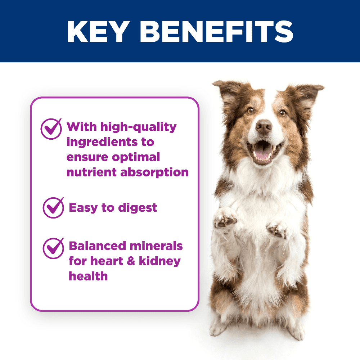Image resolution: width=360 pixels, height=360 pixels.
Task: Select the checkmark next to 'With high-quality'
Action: point(51,129)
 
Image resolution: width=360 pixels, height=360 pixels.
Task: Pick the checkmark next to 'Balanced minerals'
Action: point(53,248)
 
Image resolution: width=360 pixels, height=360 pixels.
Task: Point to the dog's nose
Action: point(264,126)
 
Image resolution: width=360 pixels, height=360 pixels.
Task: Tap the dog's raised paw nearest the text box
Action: point(225,218)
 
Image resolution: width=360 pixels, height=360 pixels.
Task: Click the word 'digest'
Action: point(138,208)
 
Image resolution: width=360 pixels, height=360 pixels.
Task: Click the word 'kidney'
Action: point(160,261)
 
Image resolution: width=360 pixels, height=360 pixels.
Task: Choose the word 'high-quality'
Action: point(139,127)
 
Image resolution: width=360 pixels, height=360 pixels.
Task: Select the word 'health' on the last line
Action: point(88,276)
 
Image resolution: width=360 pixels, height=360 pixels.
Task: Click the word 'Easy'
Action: point(83,208)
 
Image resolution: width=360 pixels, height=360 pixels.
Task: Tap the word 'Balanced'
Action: point(97,246)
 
